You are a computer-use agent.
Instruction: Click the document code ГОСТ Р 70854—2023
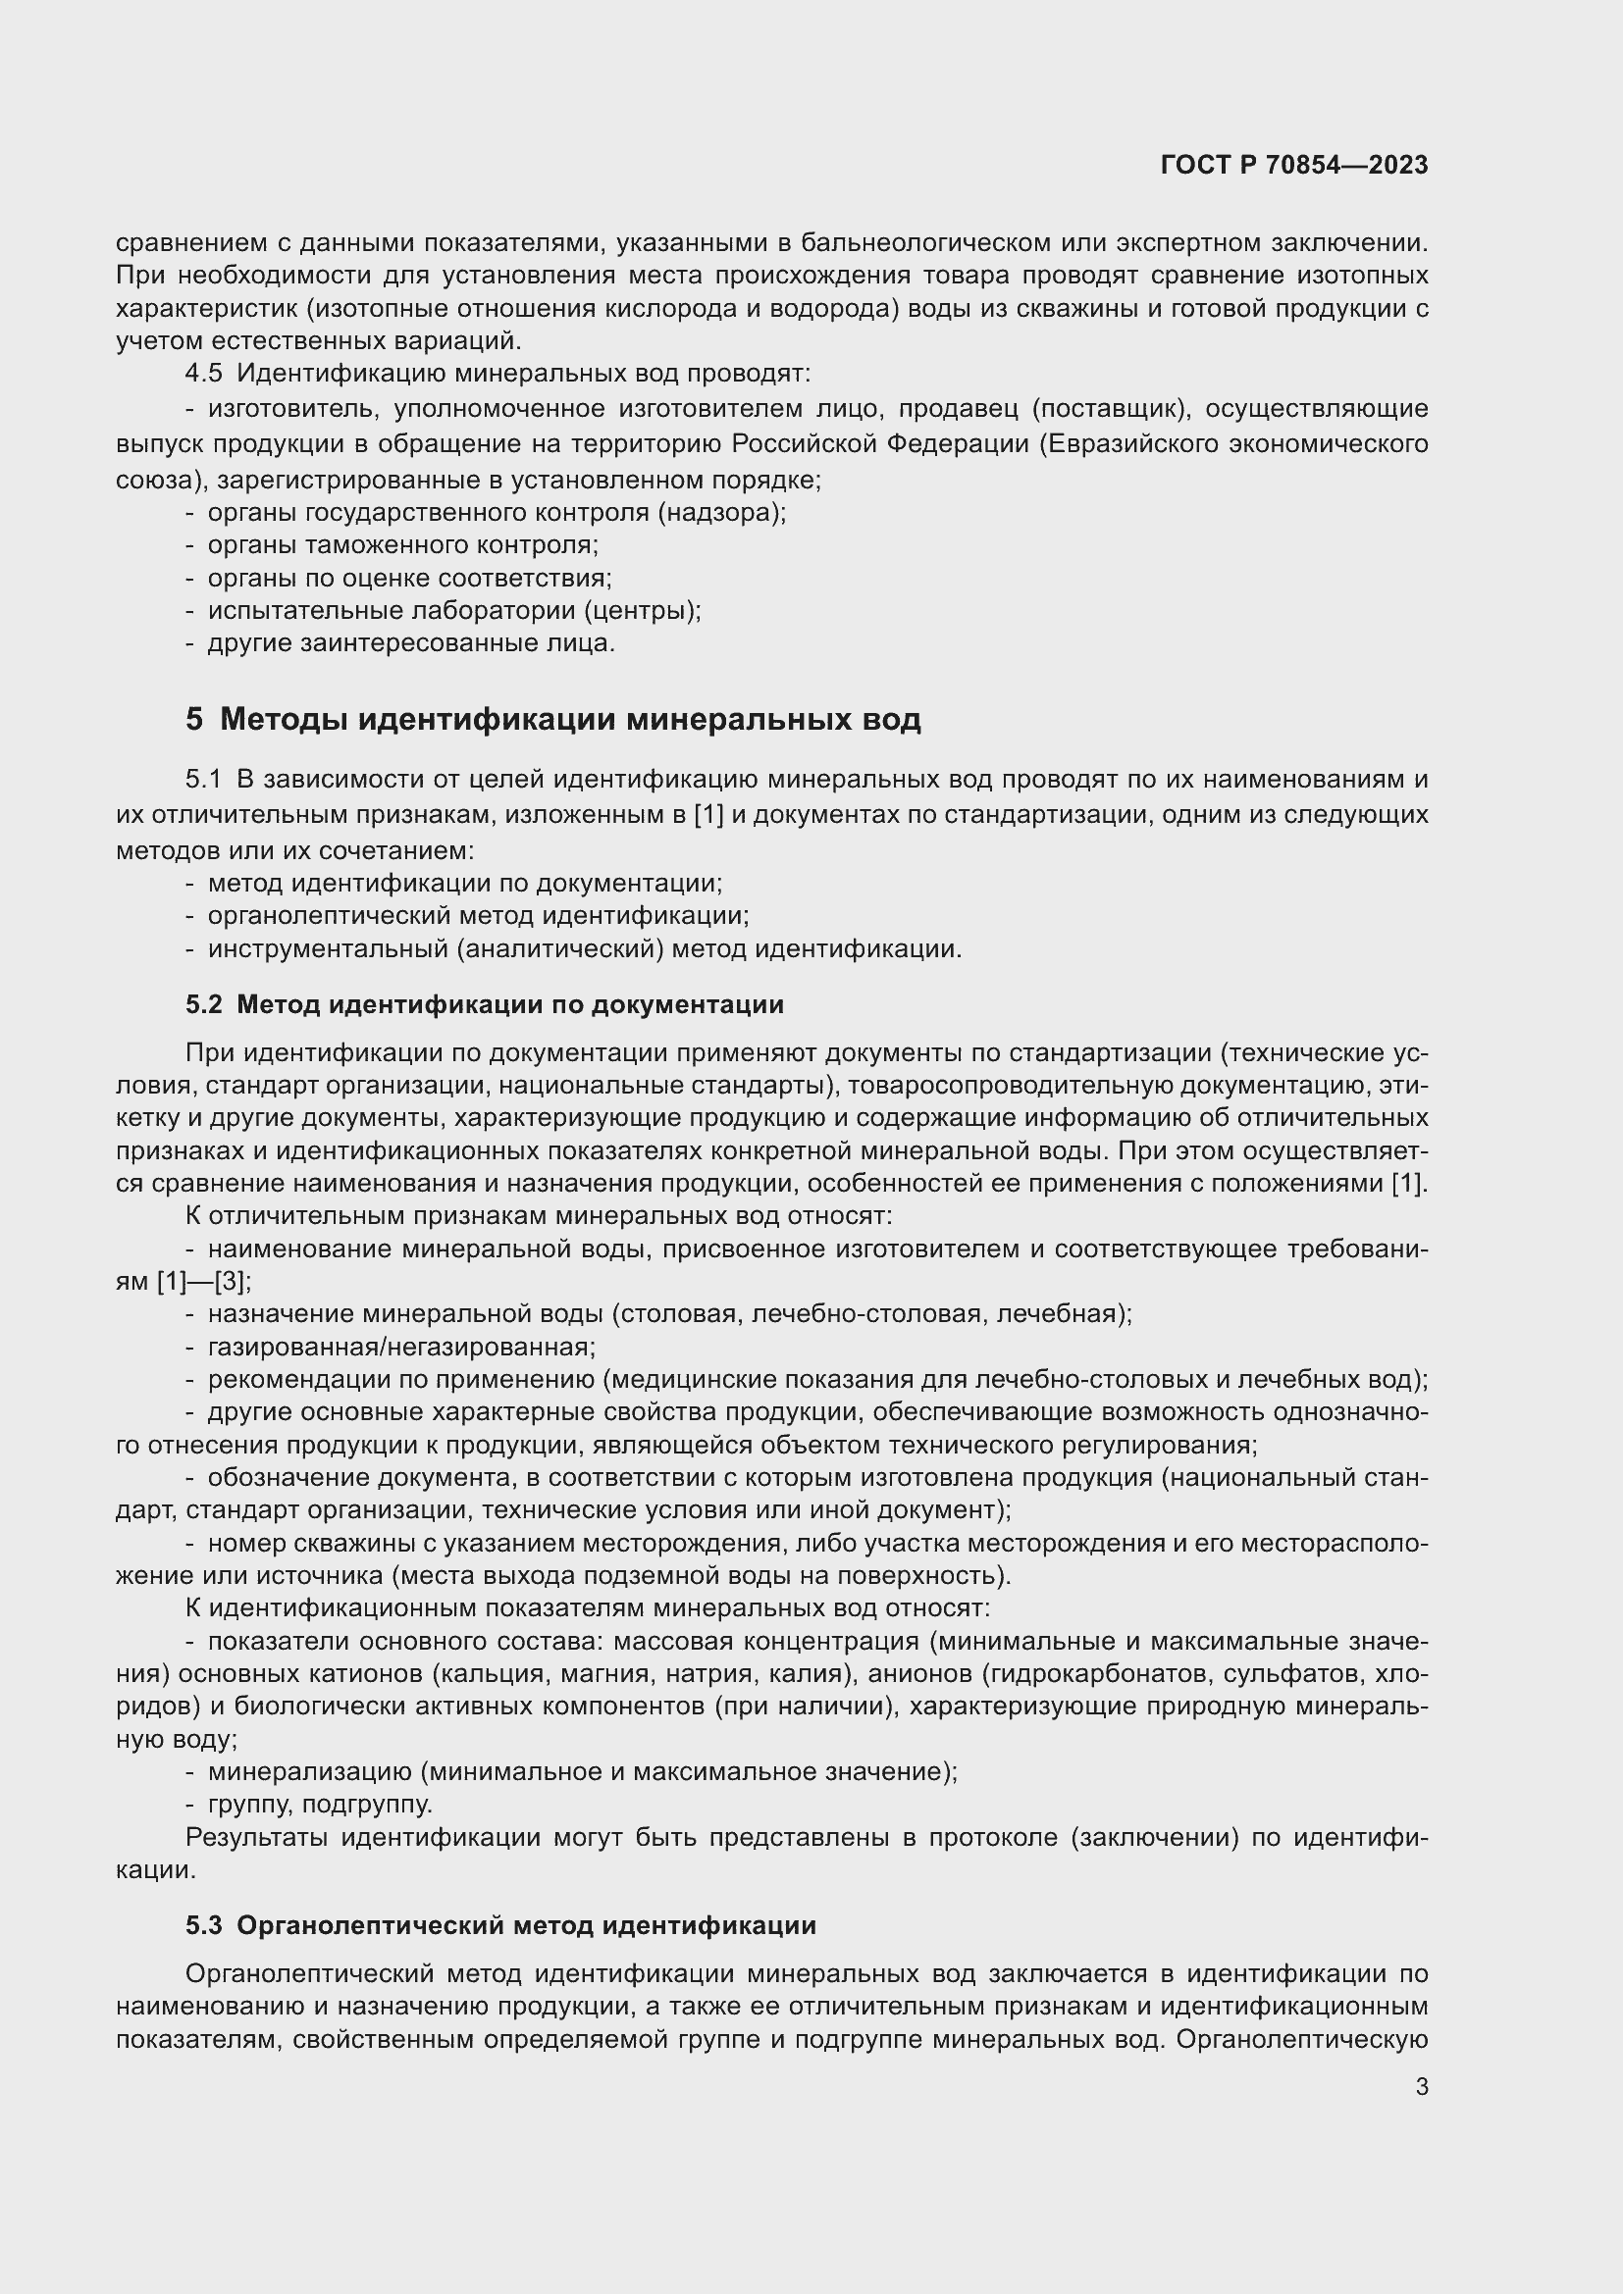(1294, 166)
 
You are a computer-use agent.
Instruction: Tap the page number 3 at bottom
(1421, 2086)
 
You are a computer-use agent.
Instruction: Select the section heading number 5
(194, 719)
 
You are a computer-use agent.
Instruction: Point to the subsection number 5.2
(204, 1004)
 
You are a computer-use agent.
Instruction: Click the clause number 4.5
(204, 374)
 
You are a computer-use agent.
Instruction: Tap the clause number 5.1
(204, 780)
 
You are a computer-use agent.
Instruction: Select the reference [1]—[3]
(203, 1282)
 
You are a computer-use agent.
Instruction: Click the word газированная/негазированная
(400, 1348)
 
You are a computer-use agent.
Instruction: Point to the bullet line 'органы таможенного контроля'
(401, 545)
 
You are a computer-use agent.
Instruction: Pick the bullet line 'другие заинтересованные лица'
(411, 643)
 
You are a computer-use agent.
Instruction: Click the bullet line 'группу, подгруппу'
(320, 1805)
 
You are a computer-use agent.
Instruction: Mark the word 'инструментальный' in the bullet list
(328, 949)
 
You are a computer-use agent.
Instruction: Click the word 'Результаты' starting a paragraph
(257, 1837)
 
